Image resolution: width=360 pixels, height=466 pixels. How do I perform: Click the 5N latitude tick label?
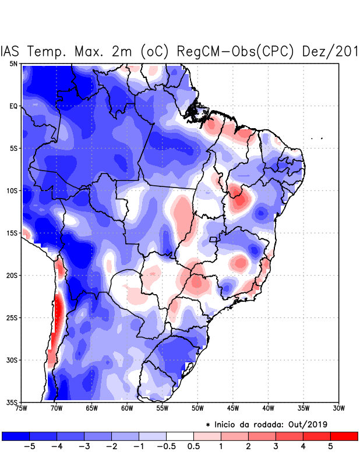[x=13, y=63]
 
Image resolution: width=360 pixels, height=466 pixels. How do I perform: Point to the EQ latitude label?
[x=13, y=106]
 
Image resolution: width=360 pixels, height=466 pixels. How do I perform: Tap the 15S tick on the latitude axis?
[x=12, y=233]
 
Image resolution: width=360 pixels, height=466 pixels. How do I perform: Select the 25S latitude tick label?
[x=12, y=317]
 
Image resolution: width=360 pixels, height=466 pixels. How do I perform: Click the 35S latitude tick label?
[x=12, y=402]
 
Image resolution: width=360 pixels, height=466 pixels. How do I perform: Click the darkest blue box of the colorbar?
[x=16, y=436]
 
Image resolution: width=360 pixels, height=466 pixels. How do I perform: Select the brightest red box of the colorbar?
[x=344, y=436]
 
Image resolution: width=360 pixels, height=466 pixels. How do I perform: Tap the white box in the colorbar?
[x=180, y=436]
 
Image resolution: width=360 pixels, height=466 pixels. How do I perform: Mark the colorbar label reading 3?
[x=276, y=447]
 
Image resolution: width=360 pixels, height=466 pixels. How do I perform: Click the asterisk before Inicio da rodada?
[x=208, y=424]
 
